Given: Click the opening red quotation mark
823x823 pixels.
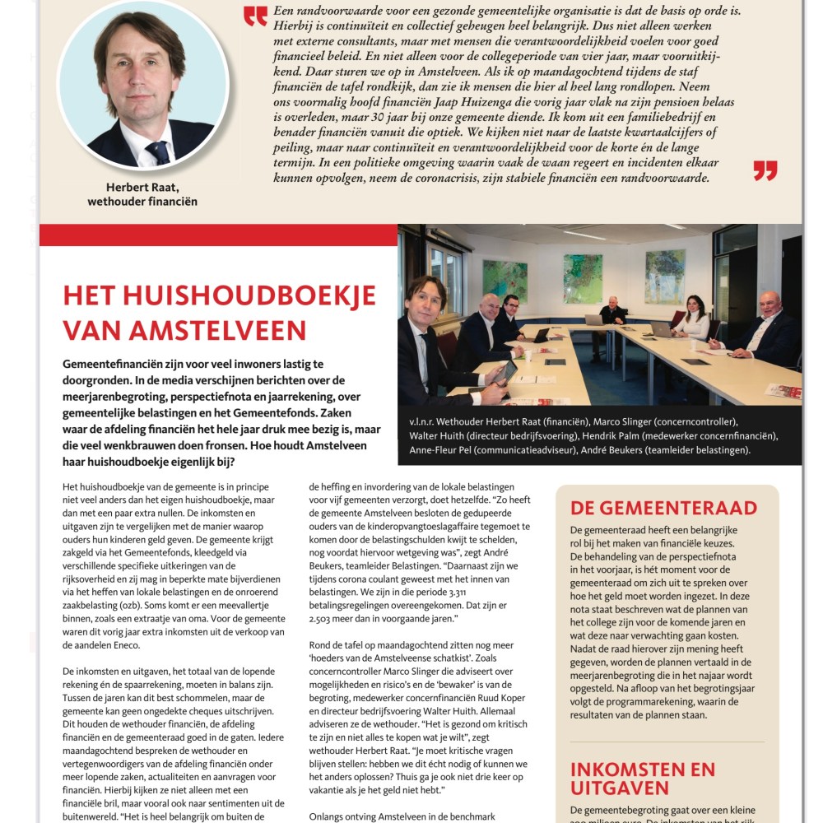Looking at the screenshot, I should tap(256, 16).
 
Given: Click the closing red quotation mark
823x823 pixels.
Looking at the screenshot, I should tap(765, 170).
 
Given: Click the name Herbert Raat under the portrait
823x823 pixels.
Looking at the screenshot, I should tap(142, 187).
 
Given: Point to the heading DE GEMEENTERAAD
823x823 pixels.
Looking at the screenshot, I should tap(663, 507).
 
